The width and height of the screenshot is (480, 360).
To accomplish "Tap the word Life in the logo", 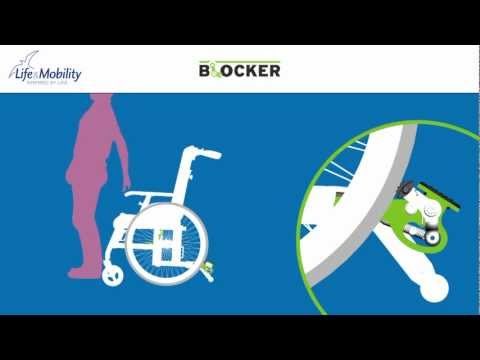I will (x=24, y=74).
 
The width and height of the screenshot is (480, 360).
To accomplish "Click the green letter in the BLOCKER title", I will (x=217, y=69).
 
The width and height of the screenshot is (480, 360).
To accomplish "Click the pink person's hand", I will (x=125, y=186).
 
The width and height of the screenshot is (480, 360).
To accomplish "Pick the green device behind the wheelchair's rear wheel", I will (x=207, y=267).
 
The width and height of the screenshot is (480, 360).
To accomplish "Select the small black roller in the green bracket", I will (x=425, y=236).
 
